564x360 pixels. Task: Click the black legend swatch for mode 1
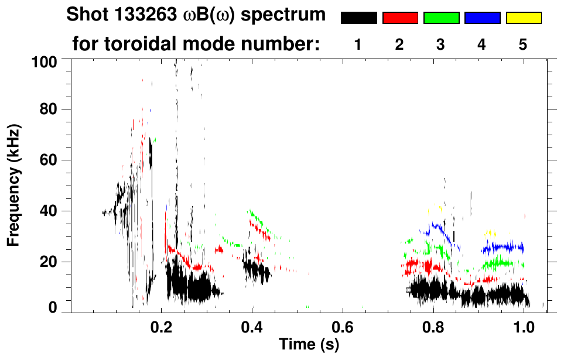pyautogui.click(x=358, y=18)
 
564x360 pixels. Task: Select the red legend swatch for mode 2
pyautogui.click(x=400, y=18)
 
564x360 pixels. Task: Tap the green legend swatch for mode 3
pyautogui.click(x=441, y=18)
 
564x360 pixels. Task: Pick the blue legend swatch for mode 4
pyautogui.click(x=482, y=18)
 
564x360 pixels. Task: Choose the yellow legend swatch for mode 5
pyautogui.click(x=523, y=18)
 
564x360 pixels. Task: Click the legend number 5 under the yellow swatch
pyautogui.click(x=523, y=44)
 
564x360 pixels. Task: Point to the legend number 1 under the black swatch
pyautogui.click(x=358, y=44)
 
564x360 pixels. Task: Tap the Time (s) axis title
pyautogui.click(x=309, y=345)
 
